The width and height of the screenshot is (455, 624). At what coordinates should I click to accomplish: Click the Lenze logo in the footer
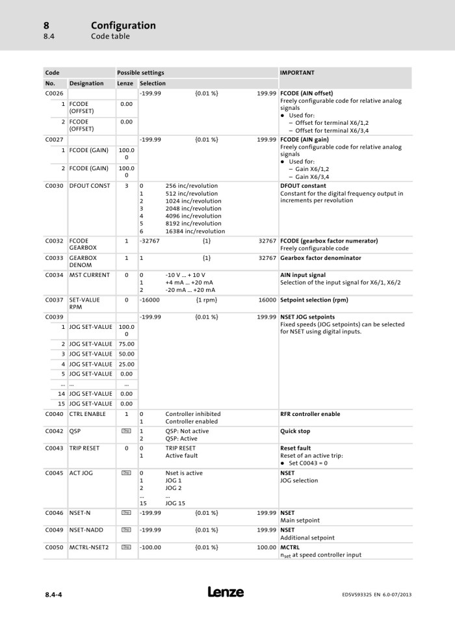point(226,592)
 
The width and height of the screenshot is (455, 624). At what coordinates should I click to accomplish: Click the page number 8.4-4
point(55,594)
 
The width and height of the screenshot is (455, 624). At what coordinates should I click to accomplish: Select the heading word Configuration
point(123,25)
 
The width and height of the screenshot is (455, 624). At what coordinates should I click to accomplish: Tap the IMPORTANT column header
point(297,73)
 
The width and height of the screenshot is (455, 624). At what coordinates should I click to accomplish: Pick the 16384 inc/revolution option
point(195,231)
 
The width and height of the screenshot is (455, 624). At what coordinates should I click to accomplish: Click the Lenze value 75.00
point(126,344)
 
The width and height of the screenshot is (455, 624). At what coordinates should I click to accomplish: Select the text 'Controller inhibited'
point(193,414)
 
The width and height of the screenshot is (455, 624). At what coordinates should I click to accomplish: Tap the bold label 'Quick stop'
point(295,431)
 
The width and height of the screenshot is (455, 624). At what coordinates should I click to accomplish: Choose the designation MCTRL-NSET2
point(91,547)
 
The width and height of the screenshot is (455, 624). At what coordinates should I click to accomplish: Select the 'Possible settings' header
point(140,73)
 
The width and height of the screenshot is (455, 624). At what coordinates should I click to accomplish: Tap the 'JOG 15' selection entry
point(175,503)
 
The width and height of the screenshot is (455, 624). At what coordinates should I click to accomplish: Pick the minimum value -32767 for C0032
point(151,241)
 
